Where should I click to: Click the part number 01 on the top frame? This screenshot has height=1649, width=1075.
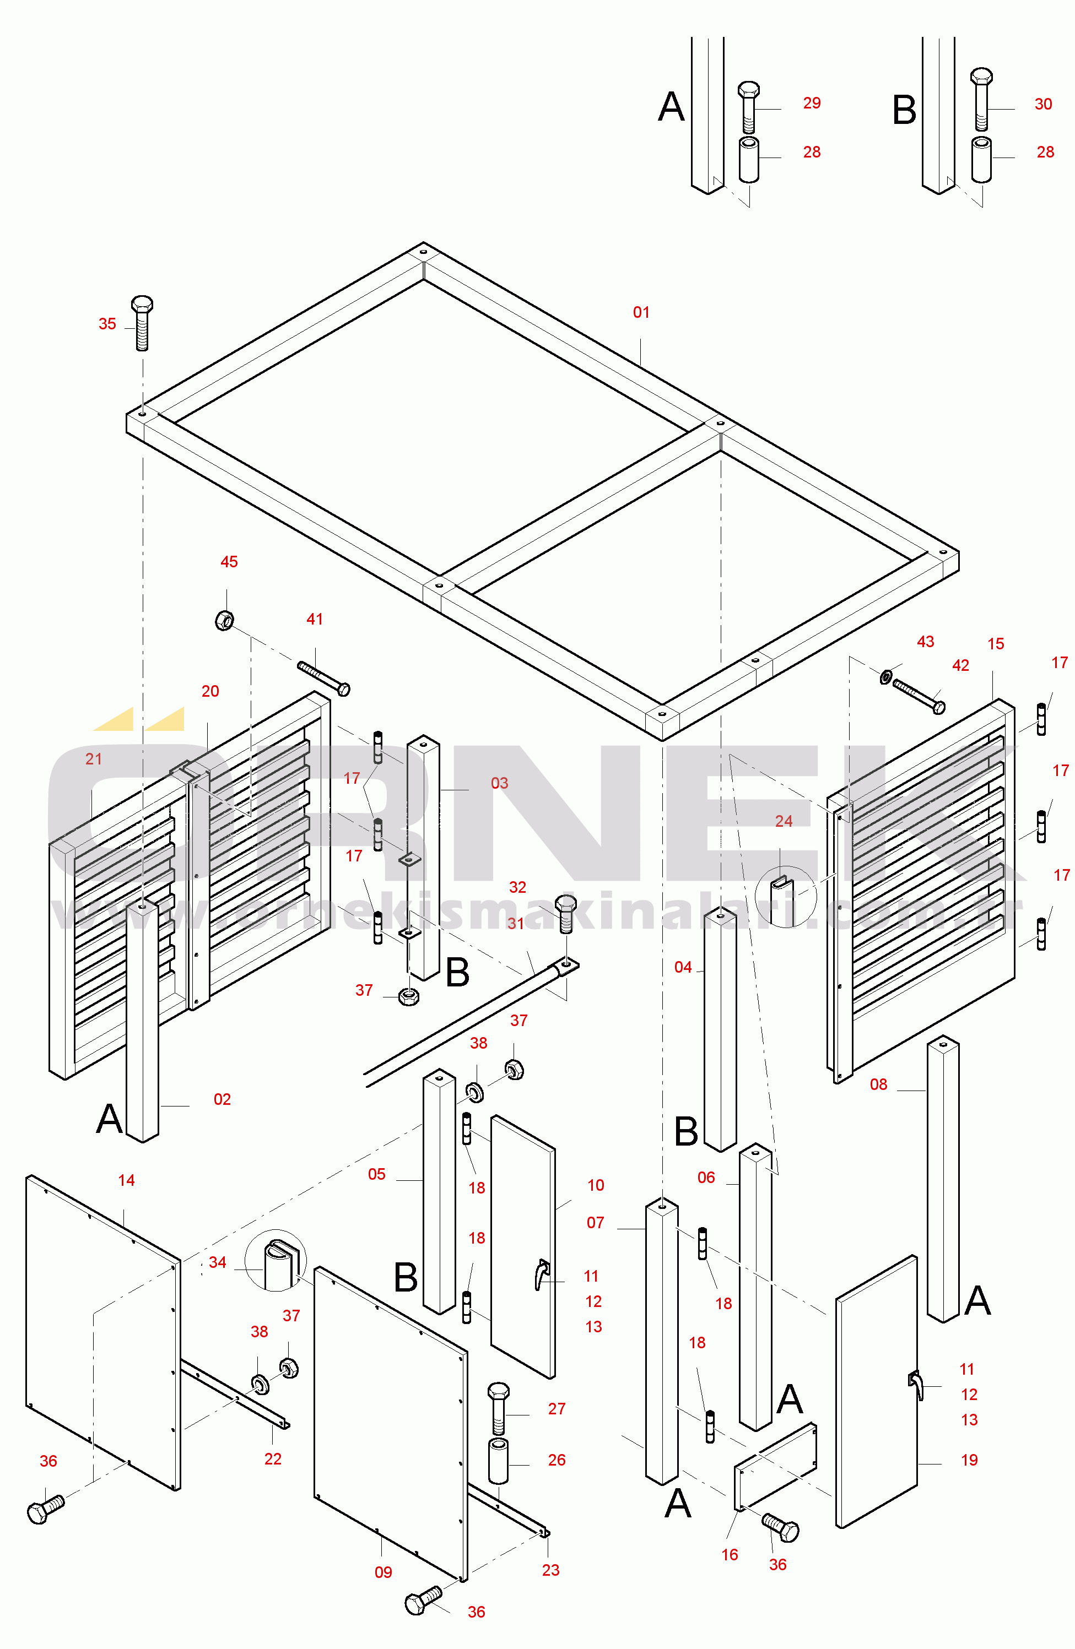(x=641, y=312)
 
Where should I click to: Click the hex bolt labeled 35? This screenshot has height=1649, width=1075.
(x=142, y=323)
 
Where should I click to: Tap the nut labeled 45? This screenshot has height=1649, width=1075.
(x=225, y=620)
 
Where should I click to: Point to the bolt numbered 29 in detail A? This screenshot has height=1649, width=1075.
(x=749, y=107)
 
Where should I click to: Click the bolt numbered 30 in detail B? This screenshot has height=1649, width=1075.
(x=981, y=99)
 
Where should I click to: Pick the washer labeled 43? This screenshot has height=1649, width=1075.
(x=886, y=676)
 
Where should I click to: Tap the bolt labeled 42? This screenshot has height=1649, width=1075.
(x=919, y=696)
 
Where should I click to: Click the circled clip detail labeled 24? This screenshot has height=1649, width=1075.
(x=785, y=897)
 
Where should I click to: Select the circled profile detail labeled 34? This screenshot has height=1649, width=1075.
(x=275, y=1261)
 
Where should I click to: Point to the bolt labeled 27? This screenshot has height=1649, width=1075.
(x=498, y=1408)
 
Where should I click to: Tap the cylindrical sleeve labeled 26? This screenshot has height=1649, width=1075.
(x=498, y=1461)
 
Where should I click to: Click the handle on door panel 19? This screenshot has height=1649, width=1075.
(x=916, y=1385)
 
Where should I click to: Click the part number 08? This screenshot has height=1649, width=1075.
(x=878, y=1084)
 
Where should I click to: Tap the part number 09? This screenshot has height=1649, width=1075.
(x=383, y=1572)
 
